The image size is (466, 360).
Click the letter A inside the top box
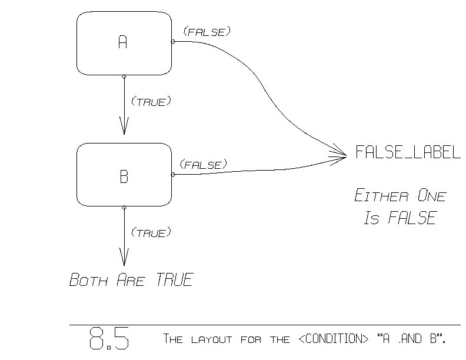[x=122, y=42]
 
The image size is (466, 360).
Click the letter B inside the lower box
[x=124, y=176]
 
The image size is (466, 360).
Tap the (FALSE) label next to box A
[x=206, y=31]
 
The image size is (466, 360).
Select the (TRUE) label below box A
[x=151, y=102]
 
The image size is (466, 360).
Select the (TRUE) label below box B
[x=151, y=233]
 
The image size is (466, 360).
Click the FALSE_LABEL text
[x=407, y=153]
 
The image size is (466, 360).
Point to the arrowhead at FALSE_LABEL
[x=341, y=155]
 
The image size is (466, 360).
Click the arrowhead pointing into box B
[x=124, y=126]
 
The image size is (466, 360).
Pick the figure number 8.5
[x=109, y=339]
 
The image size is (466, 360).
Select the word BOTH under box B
[x=88, y=280]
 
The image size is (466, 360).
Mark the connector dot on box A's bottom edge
[x=124, y=76]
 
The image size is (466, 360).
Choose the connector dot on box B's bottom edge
[x=124, y=208]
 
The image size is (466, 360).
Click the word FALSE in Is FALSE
[x=411, y=219]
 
